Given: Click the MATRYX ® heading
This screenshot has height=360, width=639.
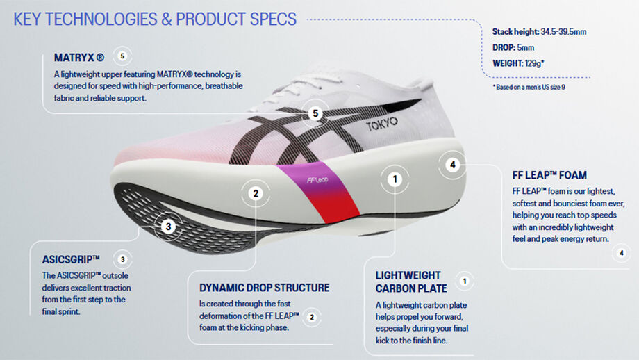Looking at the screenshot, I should point(80,58).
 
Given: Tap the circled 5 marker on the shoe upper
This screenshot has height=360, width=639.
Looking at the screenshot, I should point(315,113).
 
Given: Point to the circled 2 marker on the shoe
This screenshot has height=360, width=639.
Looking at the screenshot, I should point(256,194).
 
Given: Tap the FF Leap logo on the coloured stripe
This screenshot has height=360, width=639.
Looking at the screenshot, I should point(314,179).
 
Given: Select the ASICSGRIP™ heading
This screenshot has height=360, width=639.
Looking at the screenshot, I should point(72,260).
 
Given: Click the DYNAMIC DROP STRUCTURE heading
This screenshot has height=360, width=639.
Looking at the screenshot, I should point(264,288).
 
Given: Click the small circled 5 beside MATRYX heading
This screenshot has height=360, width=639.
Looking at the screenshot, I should point(123,56).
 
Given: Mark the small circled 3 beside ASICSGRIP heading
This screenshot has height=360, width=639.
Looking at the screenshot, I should point(123,260).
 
